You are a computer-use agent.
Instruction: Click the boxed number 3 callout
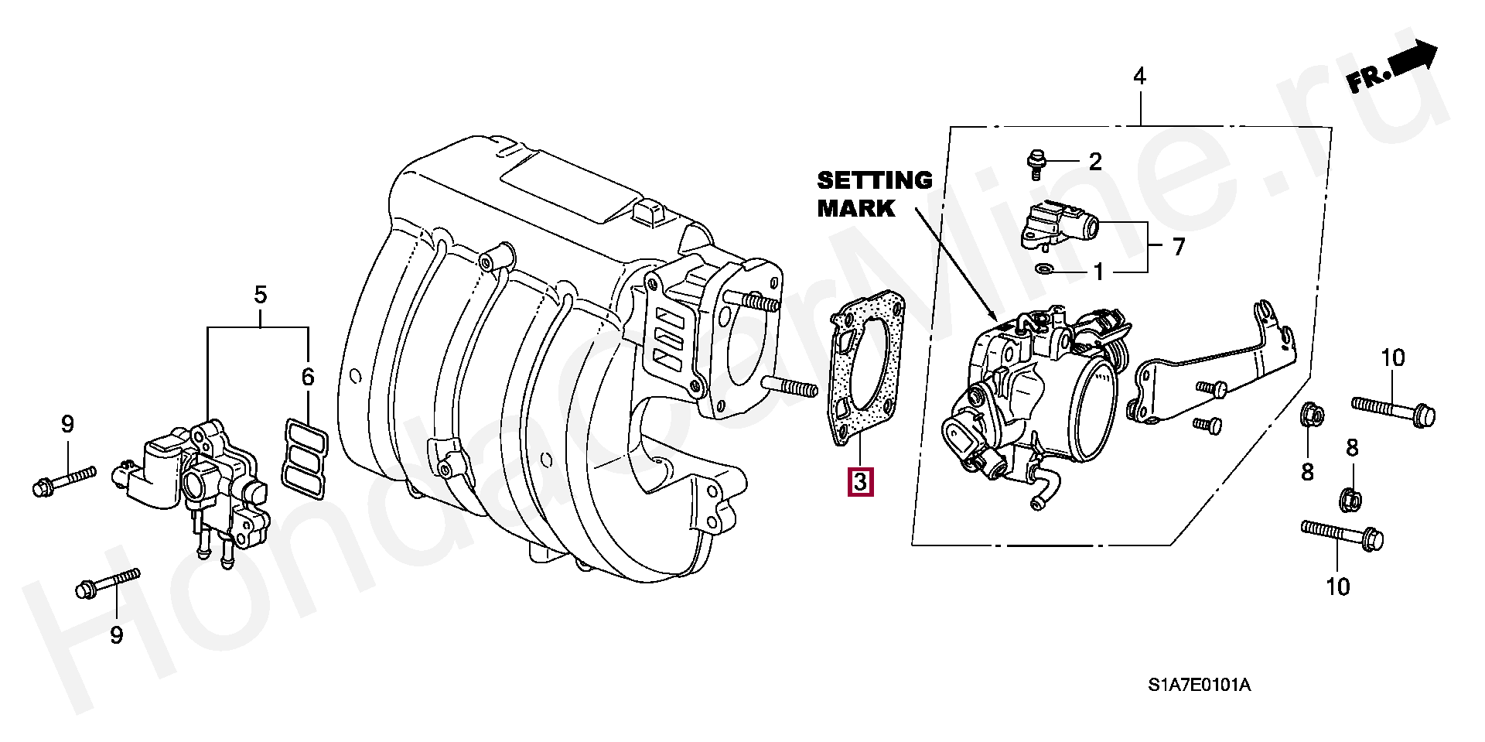(860, 481)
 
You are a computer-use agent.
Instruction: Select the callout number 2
(1094, 162)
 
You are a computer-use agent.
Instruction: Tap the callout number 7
(1178, 247)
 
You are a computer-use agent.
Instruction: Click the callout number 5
(260, 295)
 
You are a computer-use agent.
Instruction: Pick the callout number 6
(308, 378)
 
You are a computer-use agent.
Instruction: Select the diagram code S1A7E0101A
(1200, 685)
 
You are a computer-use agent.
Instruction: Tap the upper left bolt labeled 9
(64, 478)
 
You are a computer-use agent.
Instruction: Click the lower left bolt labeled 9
(108, 583)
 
